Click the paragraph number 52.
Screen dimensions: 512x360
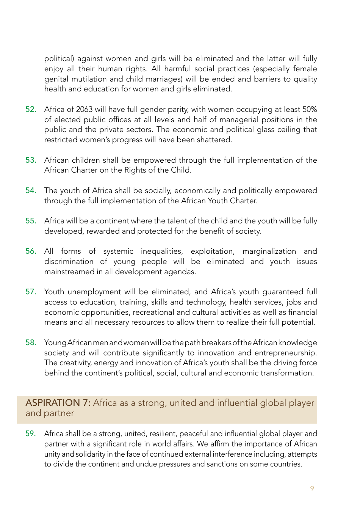click(x=31, y=110)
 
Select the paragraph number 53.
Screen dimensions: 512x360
click(x=31, y=160)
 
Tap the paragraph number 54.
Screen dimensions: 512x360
click(x=31, y=191)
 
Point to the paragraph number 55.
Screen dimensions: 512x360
click(x=31, y=221)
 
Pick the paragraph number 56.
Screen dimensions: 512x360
click(x=31, y=251)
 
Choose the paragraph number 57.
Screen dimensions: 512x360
click(x=31, y=292)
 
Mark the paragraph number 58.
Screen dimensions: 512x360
click(x=31, y=343)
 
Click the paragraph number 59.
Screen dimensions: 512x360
click(x=31, y=434)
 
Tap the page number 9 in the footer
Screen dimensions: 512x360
click(x=312, y=488)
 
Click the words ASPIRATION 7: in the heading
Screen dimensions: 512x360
click(x=58, y=403)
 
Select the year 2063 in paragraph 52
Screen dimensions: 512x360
click(x=84, y=110)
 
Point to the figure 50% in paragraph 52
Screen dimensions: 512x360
click(x=310, y=110)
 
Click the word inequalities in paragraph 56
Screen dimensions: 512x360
click(x=162, y=251)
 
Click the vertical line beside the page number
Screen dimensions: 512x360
click(x=322, y=488)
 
